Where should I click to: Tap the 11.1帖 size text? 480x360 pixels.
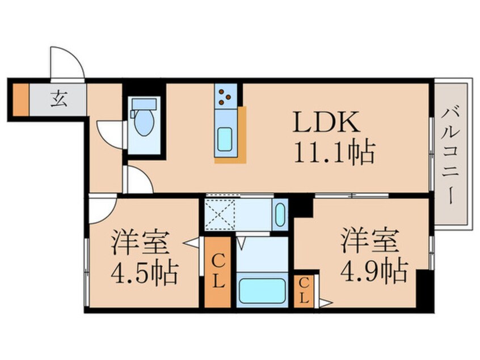334,152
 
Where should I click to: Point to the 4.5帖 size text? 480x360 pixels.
145,274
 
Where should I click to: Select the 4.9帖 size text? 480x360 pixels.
374,271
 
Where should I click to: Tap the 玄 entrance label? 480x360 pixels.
58,100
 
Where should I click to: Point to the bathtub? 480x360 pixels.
262,290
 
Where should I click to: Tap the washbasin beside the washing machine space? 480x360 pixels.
280,215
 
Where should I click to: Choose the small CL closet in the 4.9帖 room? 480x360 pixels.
304,291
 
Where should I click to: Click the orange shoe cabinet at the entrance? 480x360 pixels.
20,100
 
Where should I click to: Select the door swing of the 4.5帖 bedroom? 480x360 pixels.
102,209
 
